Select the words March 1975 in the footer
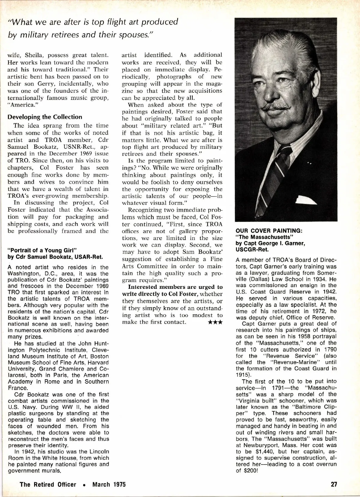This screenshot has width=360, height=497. click(x=109, y=484)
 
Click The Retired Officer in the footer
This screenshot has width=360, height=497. click(x=48, y=484)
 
